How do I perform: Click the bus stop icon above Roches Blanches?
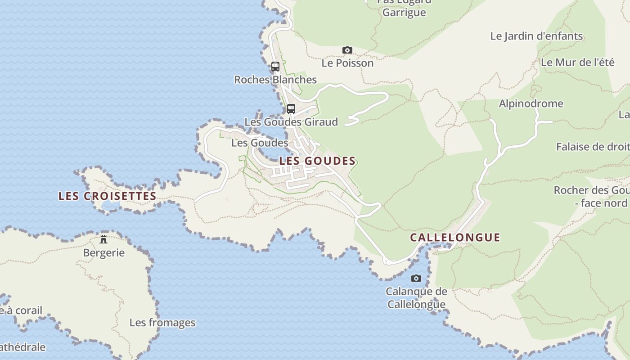pos(275,67)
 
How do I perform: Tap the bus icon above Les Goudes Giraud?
pos(291,108)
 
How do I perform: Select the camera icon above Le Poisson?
pos(347,50)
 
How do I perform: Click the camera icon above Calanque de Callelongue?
pos(416,278)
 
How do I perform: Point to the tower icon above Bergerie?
pos(103,238)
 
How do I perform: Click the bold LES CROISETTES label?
pos(107,196)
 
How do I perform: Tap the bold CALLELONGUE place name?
pos(455,238)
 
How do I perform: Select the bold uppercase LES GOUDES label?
pos(317,161)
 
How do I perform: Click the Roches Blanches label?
pos(275,80)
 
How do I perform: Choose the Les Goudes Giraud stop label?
pos(291,122)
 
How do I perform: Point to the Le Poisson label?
pos(347,63)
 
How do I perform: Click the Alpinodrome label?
pos(531,103)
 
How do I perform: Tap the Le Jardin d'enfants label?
pos(536,36)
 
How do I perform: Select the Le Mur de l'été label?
pos(577,62)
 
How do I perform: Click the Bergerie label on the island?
pos(103,252)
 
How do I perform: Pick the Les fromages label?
pos(162,323)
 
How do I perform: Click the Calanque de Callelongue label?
pos(416,298)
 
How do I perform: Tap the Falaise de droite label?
pos(593,147)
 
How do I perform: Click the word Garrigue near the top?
pos(404,12)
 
